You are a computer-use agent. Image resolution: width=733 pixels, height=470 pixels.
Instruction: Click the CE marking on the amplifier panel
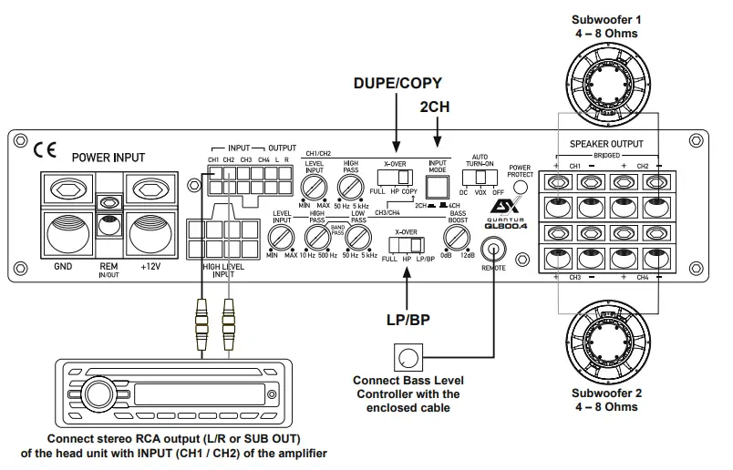pyautogui.click(x=45, y=149)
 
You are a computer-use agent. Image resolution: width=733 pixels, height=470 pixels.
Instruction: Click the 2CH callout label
pyautogui.click(x=435, y=107)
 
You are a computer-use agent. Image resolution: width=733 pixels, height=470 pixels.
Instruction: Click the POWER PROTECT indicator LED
pyautogui.click(x=521, y=188)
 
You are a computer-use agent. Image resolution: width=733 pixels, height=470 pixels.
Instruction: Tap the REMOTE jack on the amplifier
pyautogui.click(x=495, y=247)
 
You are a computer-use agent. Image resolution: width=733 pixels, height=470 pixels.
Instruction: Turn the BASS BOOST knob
pyautogui.click(x=455, y=239)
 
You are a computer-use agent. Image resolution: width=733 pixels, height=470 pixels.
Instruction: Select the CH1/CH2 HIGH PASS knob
pyautogui.click(x=350, y=189)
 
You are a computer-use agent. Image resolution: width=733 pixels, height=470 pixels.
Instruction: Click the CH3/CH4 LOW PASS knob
pyautogui.click(x=356, y=239)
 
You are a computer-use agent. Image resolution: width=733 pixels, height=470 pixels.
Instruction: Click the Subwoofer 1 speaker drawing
pyautogui.click(x=603, y=83)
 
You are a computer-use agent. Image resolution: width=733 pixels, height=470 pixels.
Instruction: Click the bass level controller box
pyautogui.click(x=408, y=357)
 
